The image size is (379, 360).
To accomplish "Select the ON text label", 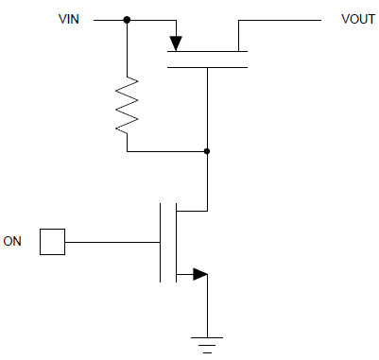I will (13, 242).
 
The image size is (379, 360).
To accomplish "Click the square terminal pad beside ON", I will (52, 243).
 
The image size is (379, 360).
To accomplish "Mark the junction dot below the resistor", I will (207, 150).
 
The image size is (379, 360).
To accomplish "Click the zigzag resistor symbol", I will (127, 104).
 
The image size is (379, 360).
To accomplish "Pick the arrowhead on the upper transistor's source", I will (175, 42).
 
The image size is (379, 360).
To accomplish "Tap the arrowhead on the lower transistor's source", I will (198, 275).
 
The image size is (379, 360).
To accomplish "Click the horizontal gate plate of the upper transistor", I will (207, 66).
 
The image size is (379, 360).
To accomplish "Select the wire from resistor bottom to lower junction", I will (166, 150).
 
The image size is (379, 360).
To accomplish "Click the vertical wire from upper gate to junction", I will (207, 109).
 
